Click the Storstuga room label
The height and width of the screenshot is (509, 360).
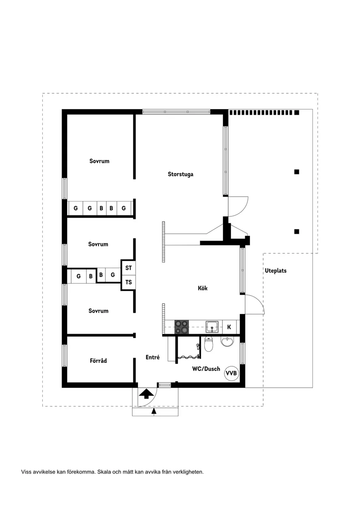180,174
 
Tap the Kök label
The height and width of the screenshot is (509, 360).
202,288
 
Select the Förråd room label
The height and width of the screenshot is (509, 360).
98,361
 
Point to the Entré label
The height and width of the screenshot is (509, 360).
152,357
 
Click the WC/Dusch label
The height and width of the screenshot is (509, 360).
206,369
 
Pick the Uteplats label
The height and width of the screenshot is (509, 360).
275,270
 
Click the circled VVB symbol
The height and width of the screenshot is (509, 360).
231,373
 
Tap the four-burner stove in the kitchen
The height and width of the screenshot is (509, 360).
182,327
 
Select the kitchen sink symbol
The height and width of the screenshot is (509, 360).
213,326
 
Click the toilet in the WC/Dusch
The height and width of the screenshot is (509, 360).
209,345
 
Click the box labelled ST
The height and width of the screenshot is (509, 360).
128,268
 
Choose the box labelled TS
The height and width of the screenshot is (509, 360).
128,282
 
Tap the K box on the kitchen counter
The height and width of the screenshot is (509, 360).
230,327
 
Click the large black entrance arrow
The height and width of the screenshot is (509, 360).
146,394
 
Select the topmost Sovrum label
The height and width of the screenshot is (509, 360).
99,161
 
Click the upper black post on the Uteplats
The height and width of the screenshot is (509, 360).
297,172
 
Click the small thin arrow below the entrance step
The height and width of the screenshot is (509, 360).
153,411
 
